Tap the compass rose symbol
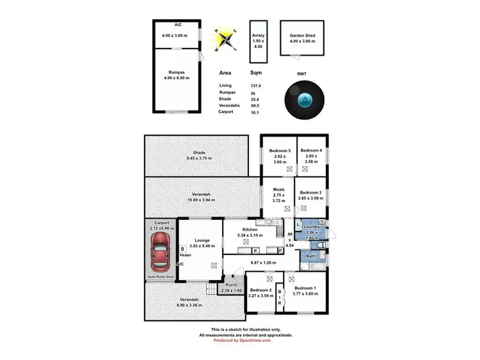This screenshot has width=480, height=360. point(227,39)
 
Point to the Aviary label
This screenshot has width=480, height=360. point(258,35)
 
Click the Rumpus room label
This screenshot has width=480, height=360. point(177,73)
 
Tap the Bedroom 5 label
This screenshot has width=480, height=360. point(280,150)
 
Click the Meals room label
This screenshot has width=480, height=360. point(278,189)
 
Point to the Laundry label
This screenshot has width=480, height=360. point(313,228)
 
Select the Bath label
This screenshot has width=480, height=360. point(310,256)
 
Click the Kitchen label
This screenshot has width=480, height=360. point(250,229)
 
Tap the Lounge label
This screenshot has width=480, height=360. point(201,241)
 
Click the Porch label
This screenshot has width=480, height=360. point(231,285)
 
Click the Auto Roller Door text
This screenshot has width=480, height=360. point(161,277)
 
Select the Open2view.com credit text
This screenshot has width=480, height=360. point(254,340)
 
